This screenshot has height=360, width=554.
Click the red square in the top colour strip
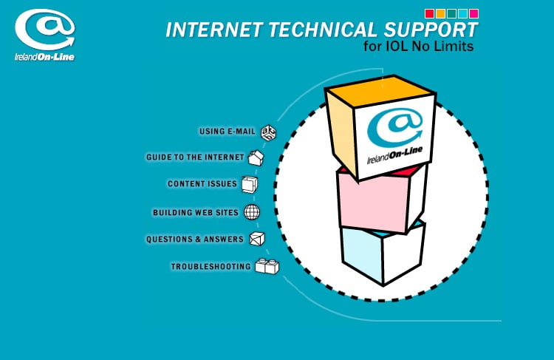[430, 13]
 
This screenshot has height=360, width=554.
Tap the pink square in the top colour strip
[473, 13]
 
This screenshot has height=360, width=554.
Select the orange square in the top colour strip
[441, 13]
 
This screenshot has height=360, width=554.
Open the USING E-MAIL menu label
[227, 132]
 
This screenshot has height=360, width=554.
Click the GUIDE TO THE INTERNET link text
[195, 157]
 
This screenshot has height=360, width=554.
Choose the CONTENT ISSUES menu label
[202, 183]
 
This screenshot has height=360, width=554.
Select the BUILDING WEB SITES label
[196, 213]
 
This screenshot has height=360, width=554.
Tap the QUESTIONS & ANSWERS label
[195, 240]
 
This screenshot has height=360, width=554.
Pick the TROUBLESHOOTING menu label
[211, 266]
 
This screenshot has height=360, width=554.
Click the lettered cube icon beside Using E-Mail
[269, 132]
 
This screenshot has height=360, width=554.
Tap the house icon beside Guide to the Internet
[256, 157]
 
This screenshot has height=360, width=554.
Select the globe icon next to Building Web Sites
[252, 212]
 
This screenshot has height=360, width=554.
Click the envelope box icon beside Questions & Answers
[256, 239]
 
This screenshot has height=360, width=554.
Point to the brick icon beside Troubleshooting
[267, 266]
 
